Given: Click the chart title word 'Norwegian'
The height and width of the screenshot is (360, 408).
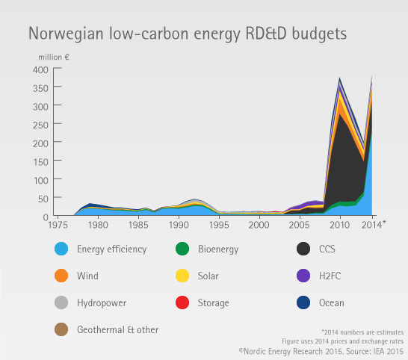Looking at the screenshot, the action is tap(66, 34).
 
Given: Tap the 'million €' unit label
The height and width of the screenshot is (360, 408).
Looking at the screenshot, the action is tap(54, 57).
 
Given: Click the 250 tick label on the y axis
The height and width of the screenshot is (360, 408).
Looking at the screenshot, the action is tap(40, 125).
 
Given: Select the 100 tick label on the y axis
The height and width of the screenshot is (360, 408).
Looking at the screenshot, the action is tap(41, 181).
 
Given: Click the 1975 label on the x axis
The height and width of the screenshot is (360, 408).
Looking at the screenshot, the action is tap(58, 225).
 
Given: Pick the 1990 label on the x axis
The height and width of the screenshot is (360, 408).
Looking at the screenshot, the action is tap(179, 225).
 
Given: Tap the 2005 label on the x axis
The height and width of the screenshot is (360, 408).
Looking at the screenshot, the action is tap(299, 225).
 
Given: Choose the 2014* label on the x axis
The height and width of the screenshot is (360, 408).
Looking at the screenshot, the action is tap(374, 225).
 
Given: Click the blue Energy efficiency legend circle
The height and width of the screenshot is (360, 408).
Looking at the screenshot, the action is tap(61, 249).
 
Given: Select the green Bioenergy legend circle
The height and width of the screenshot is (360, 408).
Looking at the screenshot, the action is tap(182, 249).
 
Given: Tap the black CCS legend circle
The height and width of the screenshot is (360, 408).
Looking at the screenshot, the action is tap(303, 249).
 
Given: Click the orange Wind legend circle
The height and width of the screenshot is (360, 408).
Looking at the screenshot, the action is tap(61, 276).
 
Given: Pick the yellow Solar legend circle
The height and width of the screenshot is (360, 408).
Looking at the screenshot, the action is tap(182, 276).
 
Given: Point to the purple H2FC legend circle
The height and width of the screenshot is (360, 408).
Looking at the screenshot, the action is tap(303, 276).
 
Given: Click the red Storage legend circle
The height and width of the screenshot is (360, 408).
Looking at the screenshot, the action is tap(182, 302).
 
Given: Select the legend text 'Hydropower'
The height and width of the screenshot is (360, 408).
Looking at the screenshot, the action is tap(102, 303).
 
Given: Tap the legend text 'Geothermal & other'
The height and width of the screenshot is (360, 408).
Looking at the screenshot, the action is tap(117, 330).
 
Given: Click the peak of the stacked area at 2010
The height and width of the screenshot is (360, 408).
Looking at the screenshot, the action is tap(340, 78).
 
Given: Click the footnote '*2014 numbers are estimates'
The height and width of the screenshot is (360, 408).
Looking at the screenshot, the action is tap(362, 332).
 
